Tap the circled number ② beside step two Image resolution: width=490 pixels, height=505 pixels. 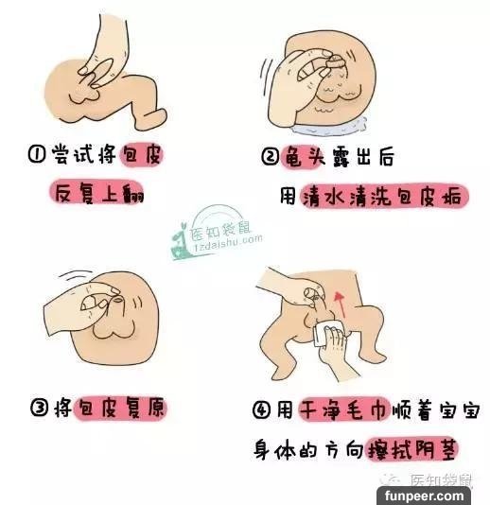(270, 157)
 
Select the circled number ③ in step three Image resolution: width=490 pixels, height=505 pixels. (40, 408)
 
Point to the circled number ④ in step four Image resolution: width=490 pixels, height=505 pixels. (262, 410)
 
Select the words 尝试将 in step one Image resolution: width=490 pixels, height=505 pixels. (84, 154)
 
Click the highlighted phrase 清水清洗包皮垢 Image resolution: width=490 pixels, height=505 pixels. (384, 197)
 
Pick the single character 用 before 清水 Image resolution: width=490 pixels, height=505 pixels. (288, 195)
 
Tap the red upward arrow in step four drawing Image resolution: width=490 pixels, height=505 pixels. (341, 305)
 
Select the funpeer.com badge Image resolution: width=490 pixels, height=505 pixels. (424, 496)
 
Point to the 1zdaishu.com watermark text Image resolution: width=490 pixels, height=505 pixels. (228, 244)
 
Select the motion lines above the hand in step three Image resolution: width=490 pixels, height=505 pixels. (75, 276)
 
